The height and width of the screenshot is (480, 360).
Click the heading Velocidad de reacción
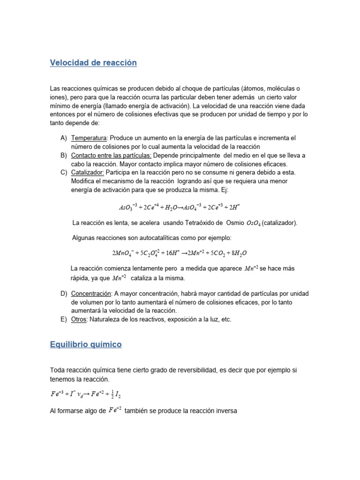(x=93, y=63)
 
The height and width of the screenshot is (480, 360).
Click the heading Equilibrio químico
(x=86, y=345)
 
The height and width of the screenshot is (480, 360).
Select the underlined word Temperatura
(x=89, y=138)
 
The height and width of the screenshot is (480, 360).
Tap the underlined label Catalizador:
(x=88, y=172)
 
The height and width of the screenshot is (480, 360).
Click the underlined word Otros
(x=80, y=319)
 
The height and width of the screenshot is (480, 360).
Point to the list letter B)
(x=64, y=156)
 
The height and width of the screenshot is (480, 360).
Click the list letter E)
(x=64, y=319)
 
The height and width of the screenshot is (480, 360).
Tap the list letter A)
(x=64, y=138)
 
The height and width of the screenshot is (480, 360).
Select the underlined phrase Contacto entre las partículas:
(x=111, y=156)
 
